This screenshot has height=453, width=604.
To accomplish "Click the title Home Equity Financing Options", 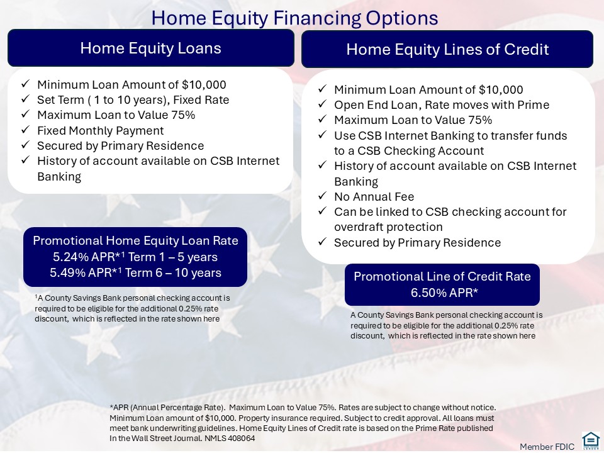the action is (294, 18).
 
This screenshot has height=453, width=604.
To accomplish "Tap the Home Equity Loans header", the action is (150, 48).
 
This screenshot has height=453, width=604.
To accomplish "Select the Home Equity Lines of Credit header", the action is (447, 49).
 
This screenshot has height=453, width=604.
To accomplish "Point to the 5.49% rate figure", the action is (66, 272).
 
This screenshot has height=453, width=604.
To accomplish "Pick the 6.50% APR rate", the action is (445, 293).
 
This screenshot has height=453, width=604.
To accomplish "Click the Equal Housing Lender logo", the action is (591, 442).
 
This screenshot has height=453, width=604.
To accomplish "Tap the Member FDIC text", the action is (547, 447).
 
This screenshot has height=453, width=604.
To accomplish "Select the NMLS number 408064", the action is (241, 439).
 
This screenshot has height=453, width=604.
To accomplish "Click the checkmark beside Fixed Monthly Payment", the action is (25, 130).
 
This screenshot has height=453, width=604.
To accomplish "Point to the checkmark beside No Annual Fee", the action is (322, 196).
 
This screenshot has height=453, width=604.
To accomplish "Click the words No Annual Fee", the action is (374, 197).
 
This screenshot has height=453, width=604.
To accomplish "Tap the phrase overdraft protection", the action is (388, 227).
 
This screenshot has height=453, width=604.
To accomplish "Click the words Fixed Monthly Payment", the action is (101, 131).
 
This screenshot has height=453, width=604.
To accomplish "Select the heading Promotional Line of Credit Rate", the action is (442, 277).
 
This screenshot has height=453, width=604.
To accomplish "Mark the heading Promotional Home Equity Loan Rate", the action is (136, 241).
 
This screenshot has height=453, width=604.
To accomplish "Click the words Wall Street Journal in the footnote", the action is (171, 439).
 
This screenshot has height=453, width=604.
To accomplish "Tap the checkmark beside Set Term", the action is (25, 99).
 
